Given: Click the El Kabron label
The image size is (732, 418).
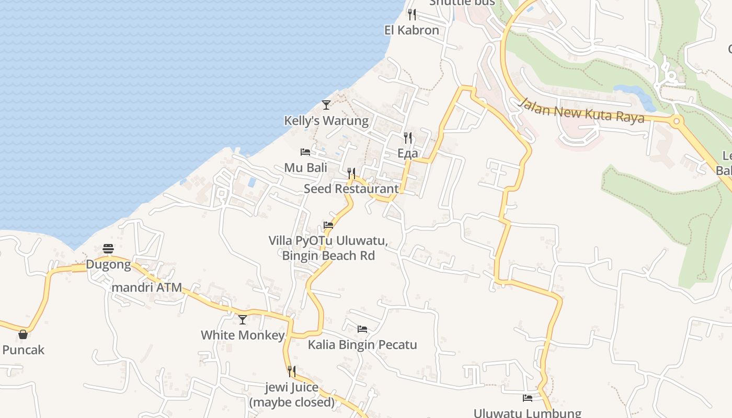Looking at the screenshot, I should click(411, 30).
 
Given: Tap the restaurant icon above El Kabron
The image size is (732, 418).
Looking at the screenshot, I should click(412, 14).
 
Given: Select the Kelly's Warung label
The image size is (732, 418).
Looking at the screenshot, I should click(326, 121).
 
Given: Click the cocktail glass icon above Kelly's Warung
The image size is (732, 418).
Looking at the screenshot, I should click(326, 105).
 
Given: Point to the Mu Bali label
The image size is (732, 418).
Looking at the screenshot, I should click(306, 168).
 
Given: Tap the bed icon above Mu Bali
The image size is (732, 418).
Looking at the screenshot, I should click(305, 152).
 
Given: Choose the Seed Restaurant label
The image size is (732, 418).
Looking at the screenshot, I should click(351, 189).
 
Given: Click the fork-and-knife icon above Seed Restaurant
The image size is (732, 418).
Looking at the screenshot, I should click(351, 173).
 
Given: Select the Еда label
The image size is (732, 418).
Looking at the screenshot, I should click(408, 153).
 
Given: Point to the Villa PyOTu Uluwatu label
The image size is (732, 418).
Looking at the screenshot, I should click(328, 241).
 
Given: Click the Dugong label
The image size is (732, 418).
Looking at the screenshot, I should click(108, 264).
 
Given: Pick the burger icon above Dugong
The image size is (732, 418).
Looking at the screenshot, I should click(108, 248).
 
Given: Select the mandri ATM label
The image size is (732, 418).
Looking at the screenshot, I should click(147, 287).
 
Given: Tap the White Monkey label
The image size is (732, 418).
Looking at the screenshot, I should click(243, 335).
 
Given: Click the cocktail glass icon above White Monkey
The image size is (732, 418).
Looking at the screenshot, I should click(243, 319).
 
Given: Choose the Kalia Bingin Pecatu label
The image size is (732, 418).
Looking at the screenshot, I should click(362, 345).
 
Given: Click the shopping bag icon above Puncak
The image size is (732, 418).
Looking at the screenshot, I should click(23, 334).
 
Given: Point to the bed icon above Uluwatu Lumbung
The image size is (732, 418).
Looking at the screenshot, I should click(528, 398).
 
